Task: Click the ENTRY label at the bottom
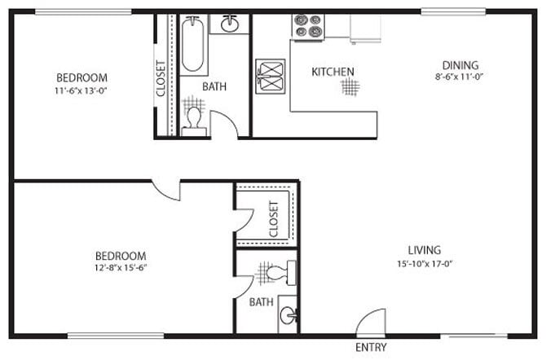pos(372,348)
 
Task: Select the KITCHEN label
pos(332,72)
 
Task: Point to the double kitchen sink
pos(270,76)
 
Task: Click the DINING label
pos(460,66)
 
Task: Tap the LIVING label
pos(425,250)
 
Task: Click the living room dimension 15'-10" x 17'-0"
pos(425,265)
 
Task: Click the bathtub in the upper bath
pos(192,44)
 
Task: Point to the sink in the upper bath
pos(229,23)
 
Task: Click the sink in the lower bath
pos(287,314)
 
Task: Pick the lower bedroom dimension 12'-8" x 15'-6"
pos(120,267)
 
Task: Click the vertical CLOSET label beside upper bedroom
pos(161,78)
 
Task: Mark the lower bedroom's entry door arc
pos(168,190)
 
